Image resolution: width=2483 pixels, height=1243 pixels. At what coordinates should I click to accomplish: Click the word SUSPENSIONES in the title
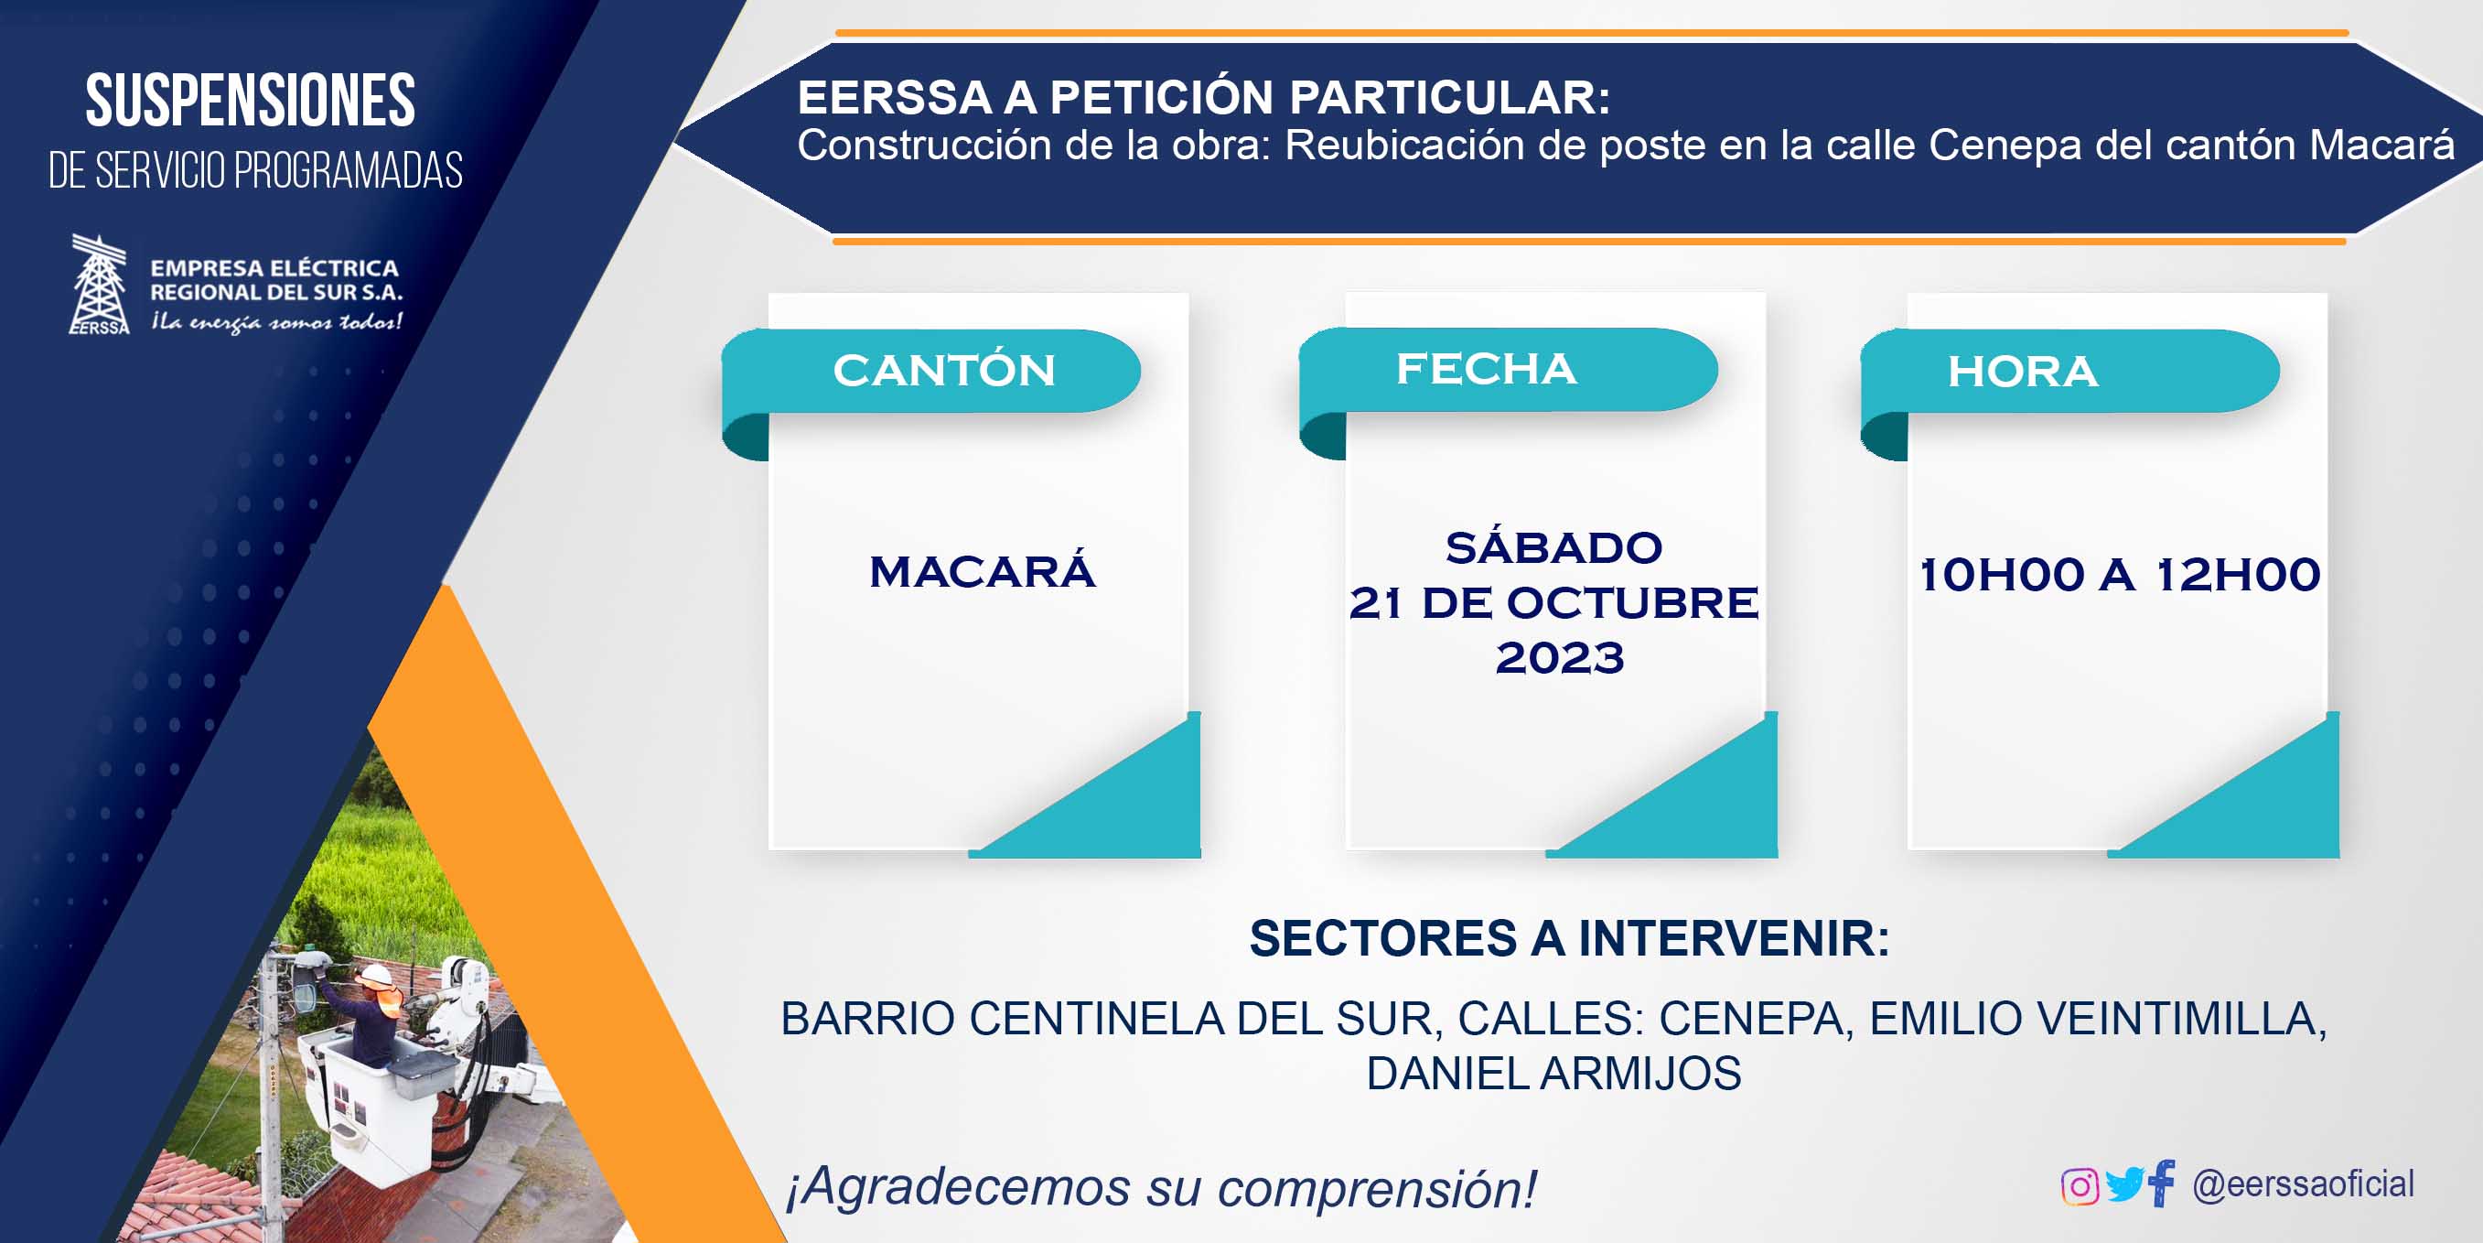[x=251, y=101]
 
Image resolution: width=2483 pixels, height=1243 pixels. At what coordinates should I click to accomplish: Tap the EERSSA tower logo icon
[x=98, y=285]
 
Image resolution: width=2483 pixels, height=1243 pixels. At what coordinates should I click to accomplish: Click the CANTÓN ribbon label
[x=943, y=371]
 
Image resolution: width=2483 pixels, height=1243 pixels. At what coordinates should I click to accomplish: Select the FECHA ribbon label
[x=1487, y=368]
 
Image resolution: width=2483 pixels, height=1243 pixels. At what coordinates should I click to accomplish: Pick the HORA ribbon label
[x=2022, y=372]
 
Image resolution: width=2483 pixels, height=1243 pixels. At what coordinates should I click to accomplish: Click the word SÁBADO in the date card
[x=1553, y=547]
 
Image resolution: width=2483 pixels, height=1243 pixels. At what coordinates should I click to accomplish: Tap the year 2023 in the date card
[x=1560, y=658]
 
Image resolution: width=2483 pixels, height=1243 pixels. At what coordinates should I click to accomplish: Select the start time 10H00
[x=2002, y=575]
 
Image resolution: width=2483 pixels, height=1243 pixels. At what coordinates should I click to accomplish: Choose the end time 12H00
[x=2237, y=575]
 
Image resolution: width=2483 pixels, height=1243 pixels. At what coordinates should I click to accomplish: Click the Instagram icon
[x=2080, y=1186]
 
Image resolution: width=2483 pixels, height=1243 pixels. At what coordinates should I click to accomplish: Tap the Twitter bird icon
[x=2125, y=1185]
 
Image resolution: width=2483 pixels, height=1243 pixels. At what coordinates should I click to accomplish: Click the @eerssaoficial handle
[x=2304, y=1184]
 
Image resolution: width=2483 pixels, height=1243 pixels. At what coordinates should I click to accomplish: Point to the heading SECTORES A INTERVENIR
[x=1569, y=938]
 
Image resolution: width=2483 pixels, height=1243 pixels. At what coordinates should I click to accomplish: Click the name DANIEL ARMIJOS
[x=1553, y=1074]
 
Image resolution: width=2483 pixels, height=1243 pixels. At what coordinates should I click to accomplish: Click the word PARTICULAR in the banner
[x=1450, y=97]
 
